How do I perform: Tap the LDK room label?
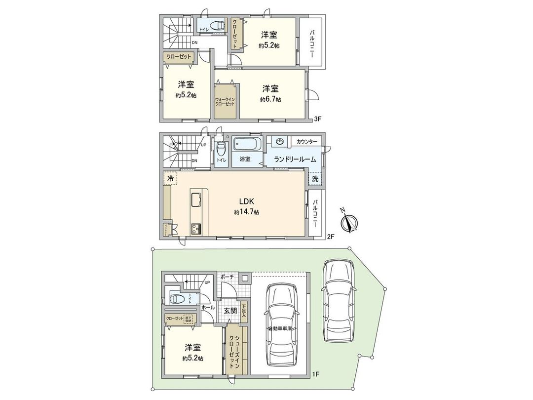pos(246,201)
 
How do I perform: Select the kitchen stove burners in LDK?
pos(195,229)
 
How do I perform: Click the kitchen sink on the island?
pos(195,200)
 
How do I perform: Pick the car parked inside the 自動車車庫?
pos(280,325)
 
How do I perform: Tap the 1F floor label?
pos(316,374)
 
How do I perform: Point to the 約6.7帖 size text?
pos(270,99)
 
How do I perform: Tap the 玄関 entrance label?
pos(230,311)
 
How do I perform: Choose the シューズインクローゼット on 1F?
pos(231,350)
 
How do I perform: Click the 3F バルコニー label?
pos(312,43)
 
